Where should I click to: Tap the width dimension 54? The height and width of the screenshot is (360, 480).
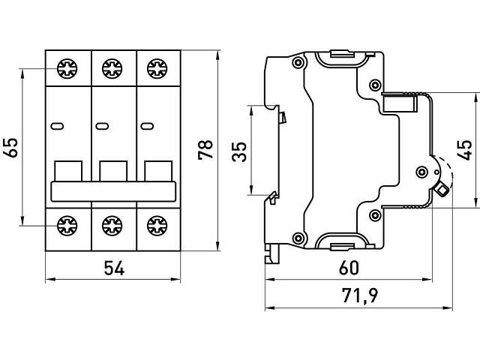pyautogui.click(x=113, y=268)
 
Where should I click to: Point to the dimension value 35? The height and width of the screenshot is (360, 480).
pyautogui.click(x=238, y=153)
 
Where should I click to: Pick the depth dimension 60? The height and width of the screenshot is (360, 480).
pyautogui.click(x=347, y=268)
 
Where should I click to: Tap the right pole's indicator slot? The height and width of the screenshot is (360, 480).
pyautogui.click(x=148, y=125)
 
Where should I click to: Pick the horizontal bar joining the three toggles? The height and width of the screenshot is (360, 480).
pyautogui.click(x=113, y=190)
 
